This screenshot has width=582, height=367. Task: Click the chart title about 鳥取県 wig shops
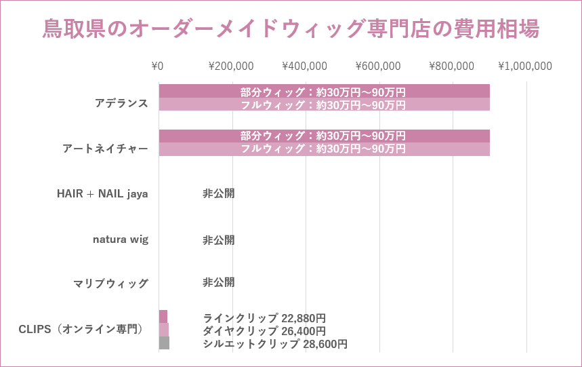291,28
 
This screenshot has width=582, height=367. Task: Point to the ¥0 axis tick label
157,66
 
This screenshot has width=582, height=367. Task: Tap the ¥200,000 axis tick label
231,66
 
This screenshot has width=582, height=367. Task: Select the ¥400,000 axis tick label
304,66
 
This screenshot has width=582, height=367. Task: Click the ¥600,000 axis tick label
378,66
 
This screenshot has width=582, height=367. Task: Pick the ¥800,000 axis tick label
452,66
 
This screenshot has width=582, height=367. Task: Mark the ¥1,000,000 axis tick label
525,66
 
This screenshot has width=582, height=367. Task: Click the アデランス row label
121,103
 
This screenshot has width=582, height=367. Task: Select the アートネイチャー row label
105,149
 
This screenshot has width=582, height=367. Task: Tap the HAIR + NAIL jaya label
102,194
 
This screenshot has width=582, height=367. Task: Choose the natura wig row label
121,239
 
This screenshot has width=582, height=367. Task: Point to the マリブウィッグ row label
110,284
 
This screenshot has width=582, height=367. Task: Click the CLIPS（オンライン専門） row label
81,330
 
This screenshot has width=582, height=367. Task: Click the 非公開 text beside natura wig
218,239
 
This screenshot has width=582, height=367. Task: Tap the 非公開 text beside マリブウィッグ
218,282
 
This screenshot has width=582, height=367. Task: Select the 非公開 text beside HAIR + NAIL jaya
218,193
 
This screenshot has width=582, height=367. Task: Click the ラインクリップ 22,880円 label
264,317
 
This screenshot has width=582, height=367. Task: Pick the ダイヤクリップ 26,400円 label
264,331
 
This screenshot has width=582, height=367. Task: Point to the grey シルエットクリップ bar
164,343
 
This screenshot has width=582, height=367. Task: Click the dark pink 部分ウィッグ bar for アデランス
324,91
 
